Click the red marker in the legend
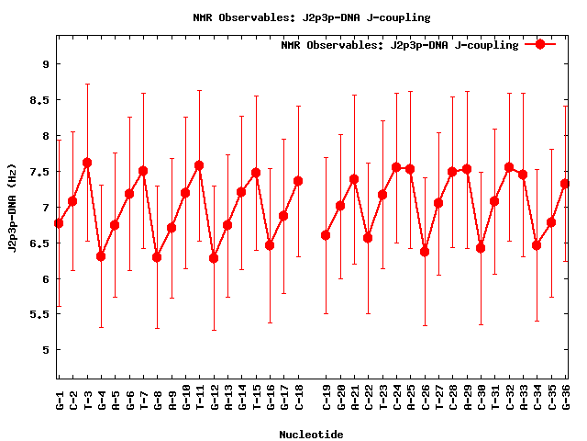[x=540, y=44]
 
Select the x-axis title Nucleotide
[x=311, y=435]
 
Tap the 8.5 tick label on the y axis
[x=40, y=99]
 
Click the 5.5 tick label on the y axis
[x=40, y=314]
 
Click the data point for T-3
[x=87, y=163]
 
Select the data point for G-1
[x=59, y=223]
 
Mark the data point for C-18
[x=298, y=181]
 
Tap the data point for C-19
[x=326, y=235]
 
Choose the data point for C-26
[x=425, y=252]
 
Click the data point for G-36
[x=565, y=184]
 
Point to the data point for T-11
[x=199, y=165]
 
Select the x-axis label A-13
[x=227, y=400]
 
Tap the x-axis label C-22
[x=369, y=400]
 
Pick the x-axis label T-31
[x=495, y=400]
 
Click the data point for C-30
[x=481, y=248]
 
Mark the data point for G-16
[x=270, y=245]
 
